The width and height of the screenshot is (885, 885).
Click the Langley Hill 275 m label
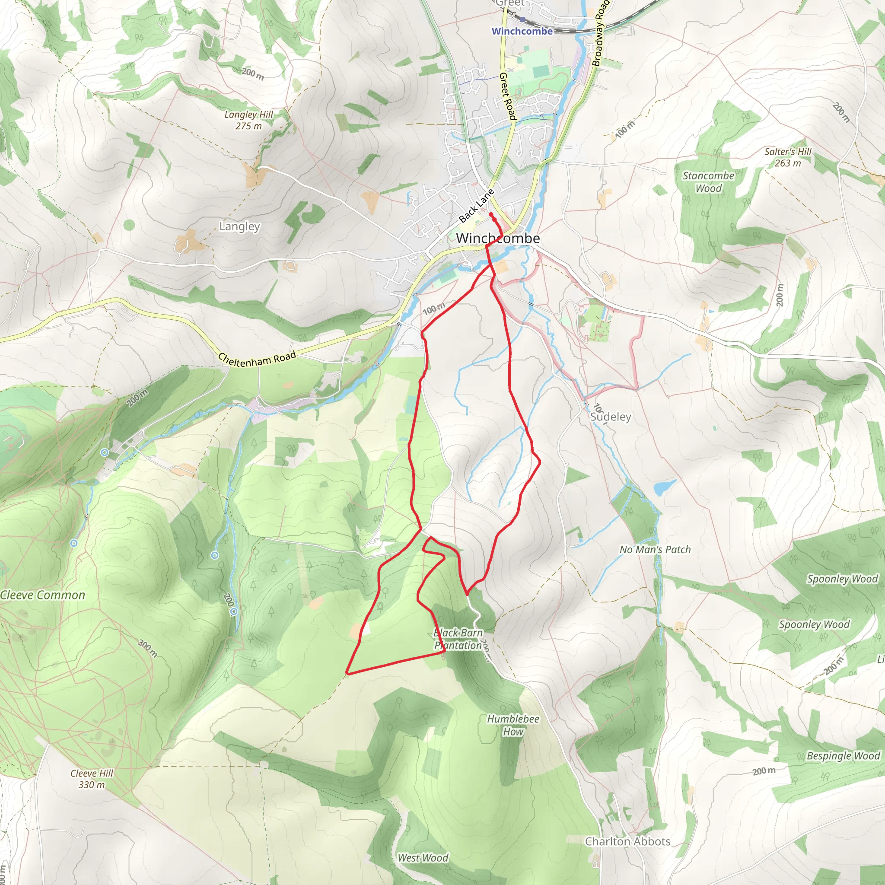(249, 120)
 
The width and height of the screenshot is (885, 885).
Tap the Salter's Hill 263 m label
(787, 157)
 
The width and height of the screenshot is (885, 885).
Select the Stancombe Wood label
(708, 182)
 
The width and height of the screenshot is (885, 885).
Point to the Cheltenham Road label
(257, 360)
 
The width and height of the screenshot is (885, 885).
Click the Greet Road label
(508, 96)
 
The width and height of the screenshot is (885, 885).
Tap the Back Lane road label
(476, 206)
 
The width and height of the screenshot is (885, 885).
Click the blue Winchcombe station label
(522, 31)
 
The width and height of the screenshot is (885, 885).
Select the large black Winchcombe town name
(498, 238)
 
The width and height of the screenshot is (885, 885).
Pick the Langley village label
(239, 226)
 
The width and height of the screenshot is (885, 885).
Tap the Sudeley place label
(610, 417)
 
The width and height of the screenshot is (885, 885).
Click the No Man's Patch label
(655, 549)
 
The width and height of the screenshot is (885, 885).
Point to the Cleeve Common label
(43, 595)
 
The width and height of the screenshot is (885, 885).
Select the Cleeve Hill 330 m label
(92, 779)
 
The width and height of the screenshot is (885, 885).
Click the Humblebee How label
(513, 725)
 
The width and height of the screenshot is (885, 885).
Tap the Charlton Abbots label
(627, 841)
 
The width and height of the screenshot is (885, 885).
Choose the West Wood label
(422, 858)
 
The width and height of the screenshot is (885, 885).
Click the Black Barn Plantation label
(458, 639)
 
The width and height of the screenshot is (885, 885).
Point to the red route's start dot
(490, 214)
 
